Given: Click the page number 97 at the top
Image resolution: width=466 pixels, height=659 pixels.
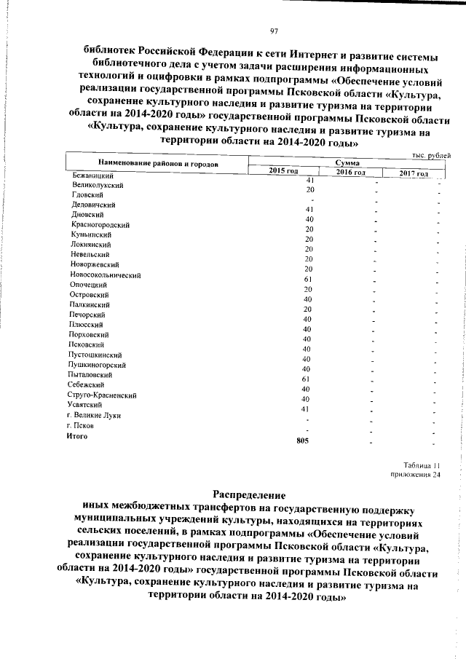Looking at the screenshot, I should click(x=275, y=30).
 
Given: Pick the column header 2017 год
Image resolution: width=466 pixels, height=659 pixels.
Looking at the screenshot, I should click(x=416, y=173).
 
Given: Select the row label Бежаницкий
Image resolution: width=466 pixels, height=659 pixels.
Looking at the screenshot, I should click(x=92, y=175).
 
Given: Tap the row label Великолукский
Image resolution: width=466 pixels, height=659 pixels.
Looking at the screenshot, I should click(x=98, y=186).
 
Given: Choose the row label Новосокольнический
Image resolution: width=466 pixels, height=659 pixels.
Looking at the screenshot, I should click(x=106, y=275).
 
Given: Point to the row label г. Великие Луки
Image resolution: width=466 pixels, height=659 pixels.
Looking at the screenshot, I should click(x=93, y=415).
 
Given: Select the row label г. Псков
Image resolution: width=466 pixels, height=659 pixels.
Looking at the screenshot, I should click(x=80, y=425).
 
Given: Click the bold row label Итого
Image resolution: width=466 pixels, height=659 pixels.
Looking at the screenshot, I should click(x=77, y=435).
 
